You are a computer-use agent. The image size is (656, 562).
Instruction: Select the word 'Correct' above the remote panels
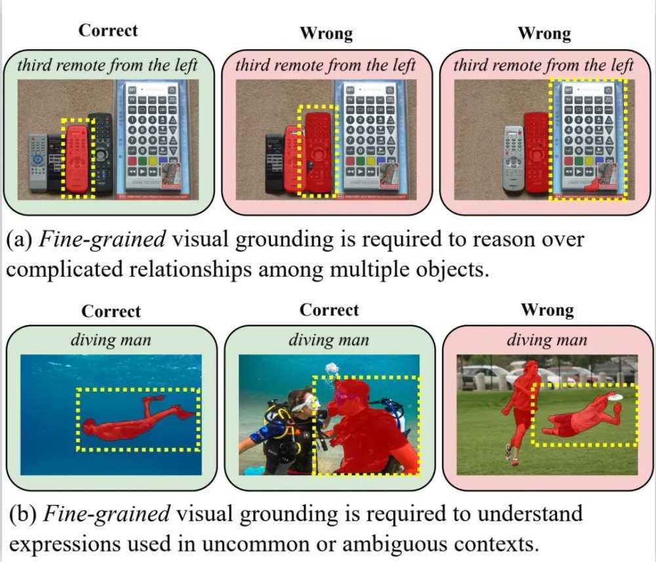pos(108,31)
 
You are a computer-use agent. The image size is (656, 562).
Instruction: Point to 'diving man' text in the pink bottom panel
pos(546,340)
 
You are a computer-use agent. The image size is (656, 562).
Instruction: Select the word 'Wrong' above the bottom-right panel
pos(546,310)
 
